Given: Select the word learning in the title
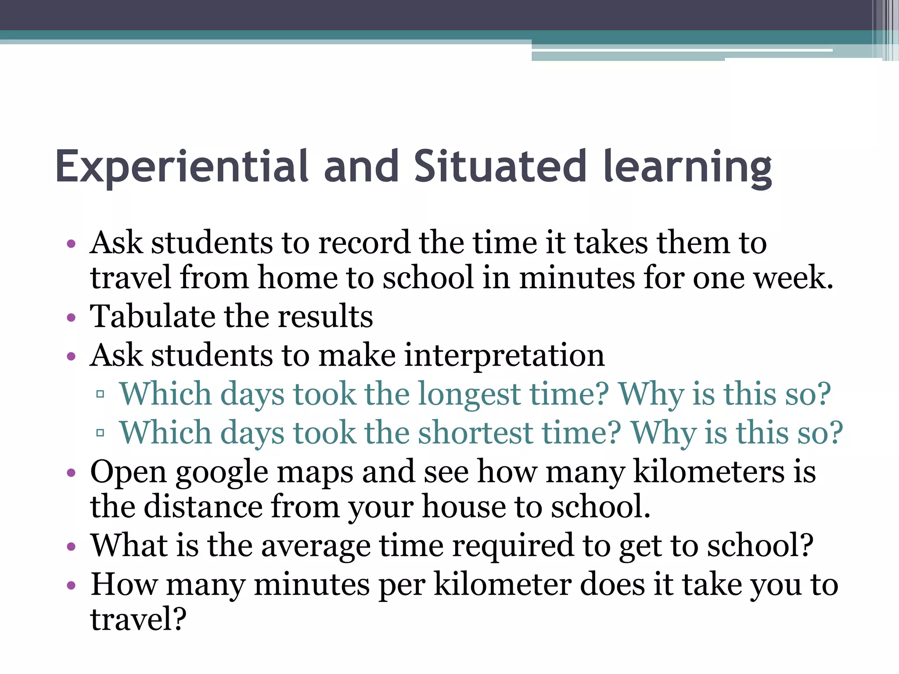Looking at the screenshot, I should [687, 167].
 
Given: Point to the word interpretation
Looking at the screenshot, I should [504, 355].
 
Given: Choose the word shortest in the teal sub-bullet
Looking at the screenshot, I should [475, 433].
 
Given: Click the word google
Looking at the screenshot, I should [222, 473].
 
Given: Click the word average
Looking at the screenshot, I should [316, 546].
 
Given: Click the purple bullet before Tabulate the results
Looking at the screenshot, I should [71, 317].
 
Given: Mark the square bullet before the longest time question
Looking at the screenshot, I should [100, 394].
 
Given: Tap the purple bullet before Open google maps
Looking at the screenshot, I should [71, 473].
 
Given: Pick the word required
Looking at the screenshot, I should [513, 546].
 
